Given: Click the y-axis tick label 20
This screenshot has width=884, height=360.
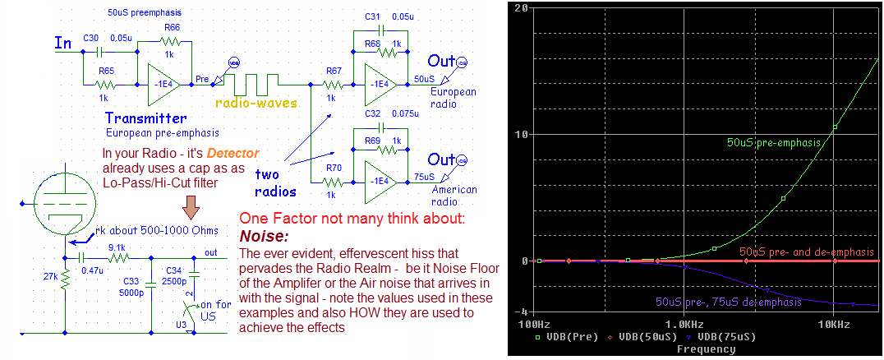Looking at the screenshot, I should pos(520,7).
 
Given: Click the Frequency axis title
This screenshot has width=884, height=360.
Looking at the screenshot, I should pos(706,349).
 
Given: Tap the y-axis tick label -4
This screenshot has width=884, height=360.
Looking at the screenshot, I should pos(520,312).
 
